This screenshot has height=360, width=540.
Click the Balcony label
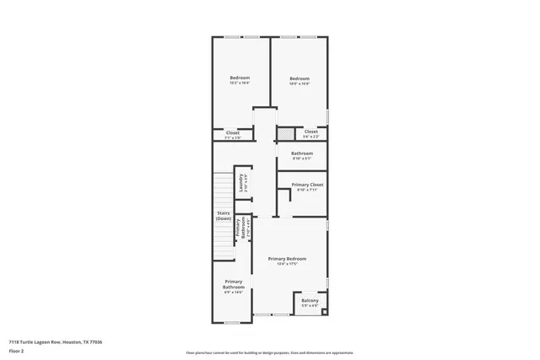coord(310,300)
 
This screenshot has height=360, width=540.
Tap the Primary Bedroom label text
coord(287,258)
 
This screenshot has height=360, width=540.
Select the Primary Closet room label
coord(307,185)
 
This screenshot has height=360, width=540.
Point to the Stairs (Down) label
coord(224,216)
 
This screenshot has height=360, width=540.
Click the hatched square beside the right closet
coord(287,132)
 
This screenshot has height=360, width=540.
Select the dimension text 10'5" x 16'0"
coord(300,83)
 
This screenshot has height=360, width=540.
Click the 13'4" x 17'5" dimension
coord(287,264)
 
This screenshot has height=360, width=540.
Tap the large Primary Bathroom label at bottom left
coord(234,284)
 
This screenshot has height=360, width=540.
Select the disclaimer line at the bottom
coord(270,352)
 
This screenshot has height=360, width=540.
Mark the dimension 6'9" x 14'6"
coord(234,293)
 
